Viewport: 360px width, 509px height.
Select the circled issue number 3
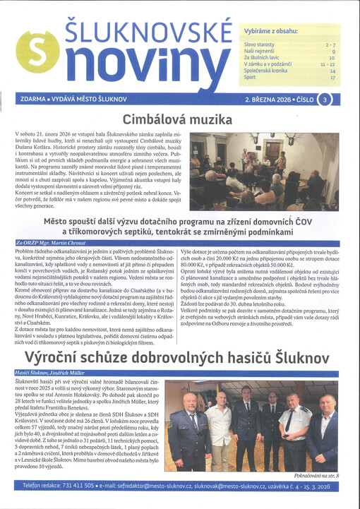tap(323, 100)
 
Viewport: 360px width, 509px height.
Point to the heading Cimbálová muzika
tap(179, 119)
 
